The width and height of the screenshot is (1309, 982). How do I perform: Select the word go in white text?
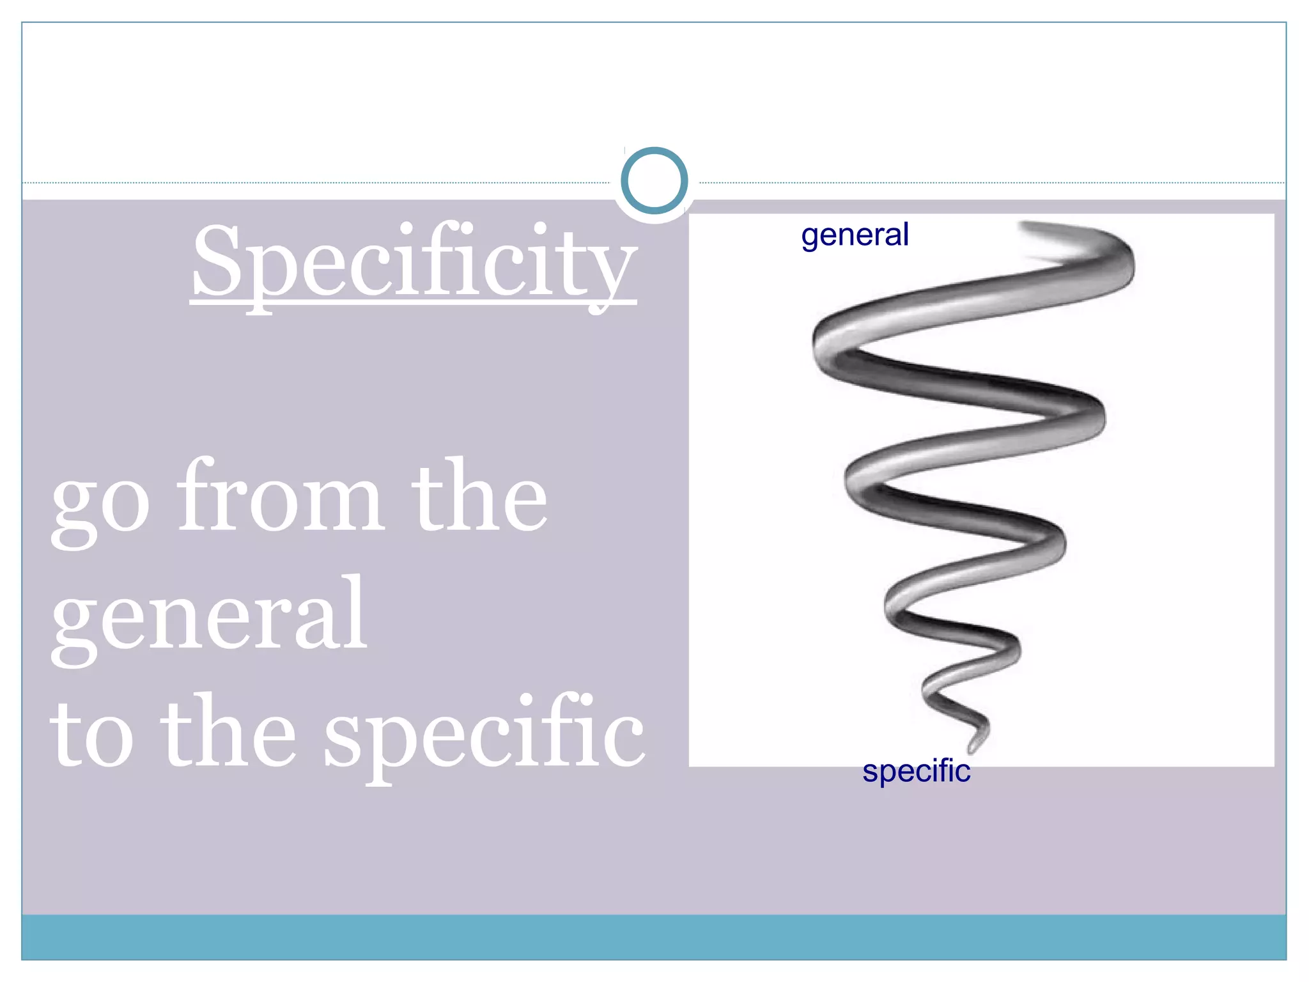tap(100, 503)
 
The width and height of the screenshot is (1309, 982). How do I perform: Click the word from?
tap(281, 495)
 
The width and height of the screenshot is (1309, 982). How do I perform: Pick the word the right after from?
tap(479, 495)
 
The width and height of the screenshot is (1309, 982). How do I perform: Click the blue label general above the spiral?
tap(855, 235)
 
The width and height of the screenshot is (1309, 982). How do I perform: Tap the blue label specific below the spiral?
tap(916, 771)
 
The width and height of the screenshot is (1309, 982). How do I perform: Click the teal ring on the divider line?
tap(654, 181)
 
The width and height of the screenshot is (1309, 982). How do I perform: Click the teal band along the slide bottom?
tap(654, 937)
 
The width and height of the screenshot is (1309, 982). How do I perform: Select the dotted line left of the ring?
tap(320, 183)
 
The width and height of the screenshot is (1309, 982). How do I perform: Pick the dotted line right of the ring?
tap(991, 183)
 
